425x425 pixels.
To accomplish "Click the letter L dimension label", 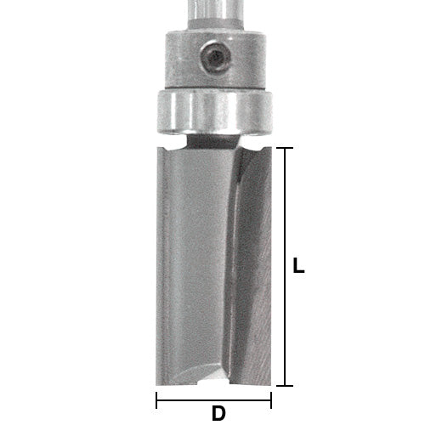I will pos(297,266).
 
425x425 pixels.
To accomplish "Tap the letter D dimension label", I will pos(218,414).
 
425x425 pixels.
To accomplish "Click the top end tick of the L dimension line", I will pos(286,148).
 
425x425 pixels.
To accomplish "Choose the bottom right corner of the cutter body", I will pos(269,384).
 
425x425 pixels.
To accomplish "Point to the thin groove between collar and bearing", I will pos(212,88).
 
